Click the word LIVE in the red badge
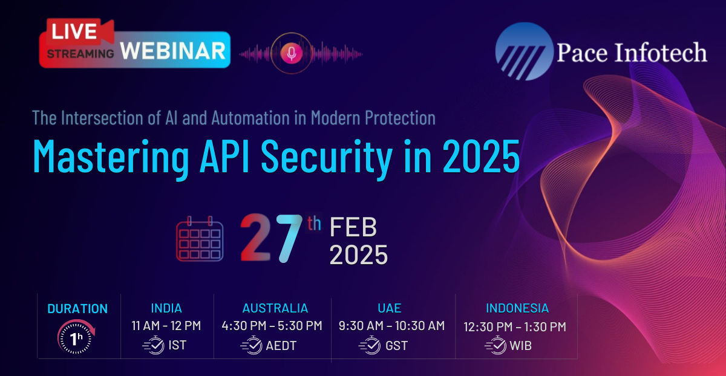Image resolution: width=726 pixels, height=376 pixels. tap(74, 31)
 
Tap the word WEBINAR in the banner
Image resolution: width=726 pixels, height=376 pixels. tap(173, 51)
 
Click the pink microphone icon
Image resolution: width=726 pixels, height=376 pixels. tap(292, 53)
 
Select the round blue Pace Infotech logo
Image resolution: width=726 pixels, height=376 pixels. tap(524, 51)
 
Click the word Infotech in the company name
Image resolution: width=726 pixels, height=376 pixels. tap(661, 52)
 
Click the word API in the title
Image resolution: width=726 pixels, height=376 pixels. tap(224, 156)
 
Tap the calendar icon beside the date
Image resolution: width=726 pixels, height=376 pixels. tap(200, 239)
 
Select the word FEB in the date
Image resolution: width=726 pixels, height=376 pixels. tap(353, 227)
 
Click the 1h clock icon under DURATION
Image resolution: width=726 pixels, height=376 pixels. tap(76, 337)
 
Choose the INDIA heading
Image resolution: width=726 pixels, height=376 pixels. tap(166, 308)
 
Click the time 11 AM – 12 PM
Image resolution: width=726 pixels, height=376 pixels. tap(166, 326)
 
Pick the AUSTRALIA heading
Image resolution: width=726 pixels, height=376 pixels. tap(275, 308)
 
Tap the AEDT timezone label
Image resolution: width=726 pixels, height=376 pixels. tap(281, 346)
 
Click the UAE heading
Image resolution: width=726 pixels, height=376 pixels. tap(390, 308)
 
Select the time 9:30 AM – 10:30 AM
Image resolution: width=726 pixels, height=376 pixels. tap(392, 326)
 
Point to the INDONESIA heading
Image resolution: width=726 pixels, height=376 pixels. tap(517, 308)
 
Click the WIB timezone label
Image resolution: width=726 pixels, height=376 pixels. tap(520, 346)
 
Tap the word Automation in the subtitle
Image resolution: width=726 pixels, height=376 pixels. tap(250, 118)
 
